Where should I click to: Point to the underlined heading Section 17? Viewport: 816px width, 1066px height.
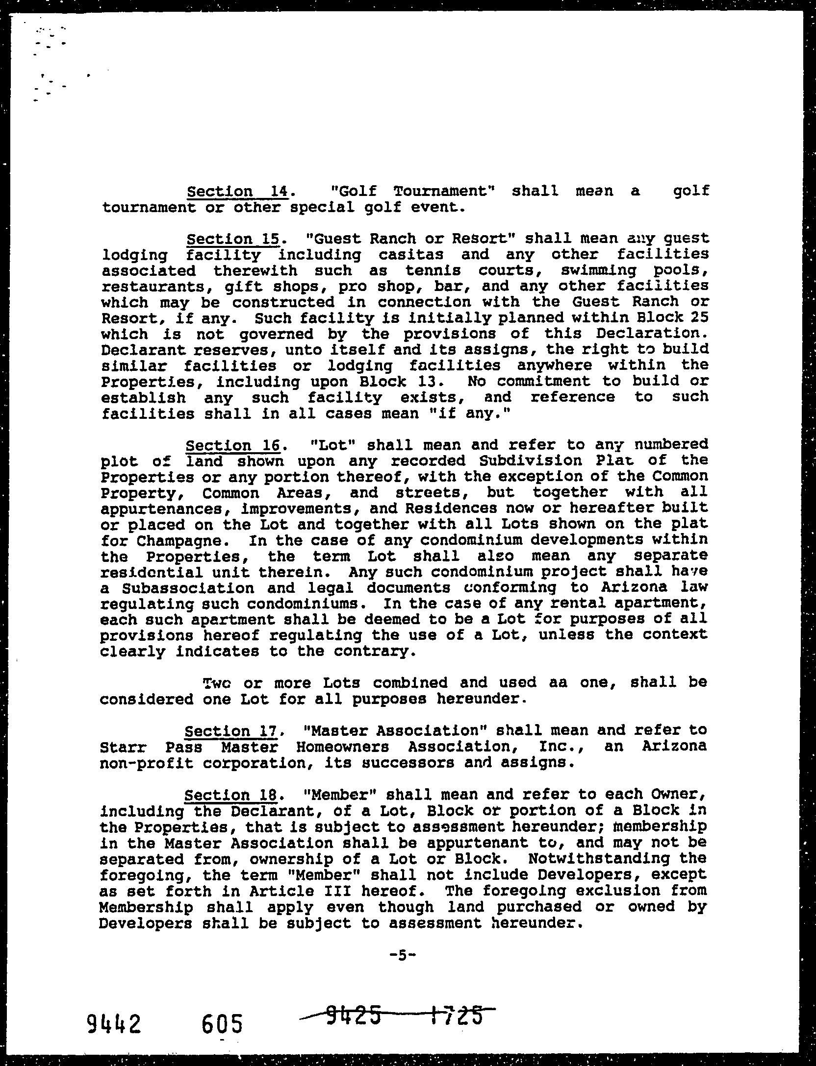230,731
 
